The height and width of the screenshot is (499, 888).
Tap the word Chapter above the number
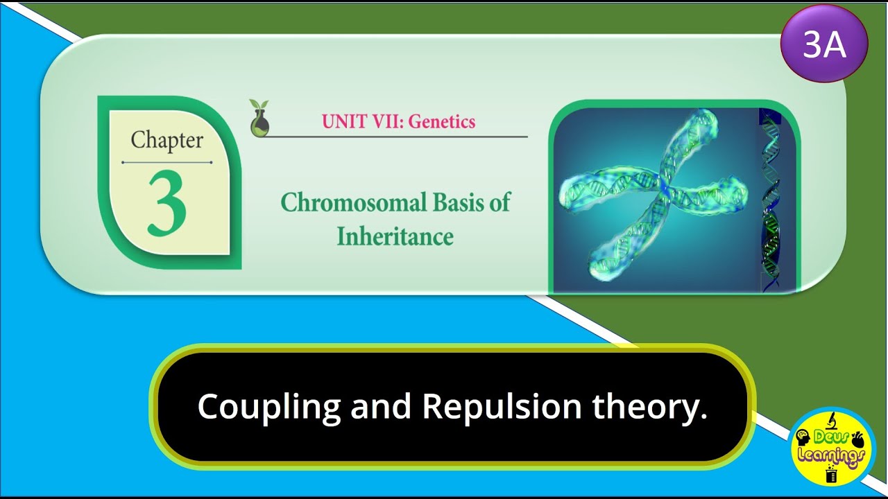point(166,141)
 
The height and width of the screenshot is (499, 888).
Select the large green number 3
point(166,203)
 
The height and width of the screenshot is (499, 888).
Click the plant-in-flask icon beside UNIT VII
point(260,117)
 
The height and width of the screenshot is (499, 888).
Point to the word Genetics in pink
point(442,121)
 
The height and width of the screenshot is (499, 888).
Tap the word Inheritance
point(395,236)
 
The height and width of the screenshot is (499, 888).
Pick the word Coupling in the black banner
point(269,407)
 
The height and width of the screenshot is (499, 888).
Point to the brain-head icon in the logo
point(804,439)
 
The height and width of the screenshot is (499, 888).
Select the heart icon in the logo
point(857,439)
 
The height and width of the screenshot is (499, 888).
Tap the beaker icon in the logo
point(831,474)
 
